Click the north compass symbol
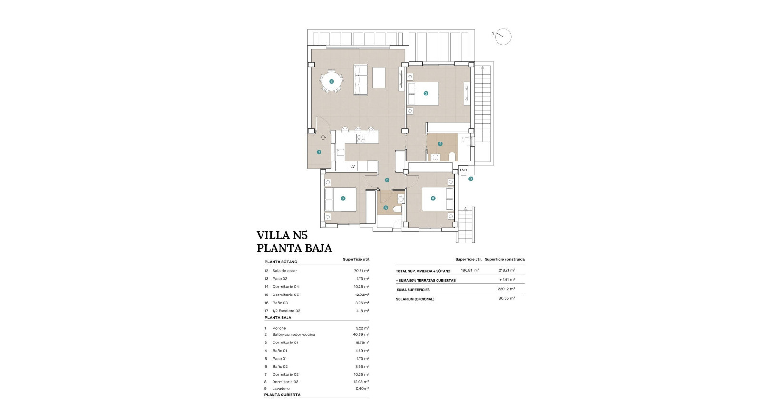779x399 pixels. click(503, 37)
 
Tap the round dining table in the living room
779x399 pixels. click(331, 81)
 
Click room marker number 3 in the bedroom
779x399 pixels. click(426, 94)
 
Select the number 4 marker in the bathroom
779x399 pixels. click(440, 143)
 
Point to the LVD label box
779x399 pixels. click(463, 170)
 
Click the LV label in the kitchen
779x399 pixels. click(352, 167)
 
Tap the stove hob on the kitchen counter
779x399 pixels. click(361, 139)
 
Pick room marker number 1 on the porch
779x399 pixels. click(319, 152)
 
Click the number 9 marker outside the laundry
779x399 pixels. click(471, 179)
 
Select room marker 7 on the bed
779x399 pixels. click(343, 199)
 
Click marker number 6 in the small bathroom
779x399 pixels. click(386, 208)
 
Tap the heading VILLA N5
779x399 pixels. click(282, 236)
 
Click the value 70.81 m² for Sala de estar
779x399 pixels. click(360, 271)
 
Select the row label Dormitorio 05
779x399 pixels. click(285, 294)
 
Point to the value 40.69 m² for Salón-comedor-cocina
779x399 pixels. click(360, 334)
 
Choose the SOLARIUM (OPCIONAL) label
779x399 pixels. click(415, 299)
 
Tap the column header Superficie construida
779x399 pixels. click(505, 259)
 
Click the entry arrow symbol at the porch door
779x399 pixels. click(323, 137)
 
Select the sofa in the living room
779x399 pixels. click(361, 79)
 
